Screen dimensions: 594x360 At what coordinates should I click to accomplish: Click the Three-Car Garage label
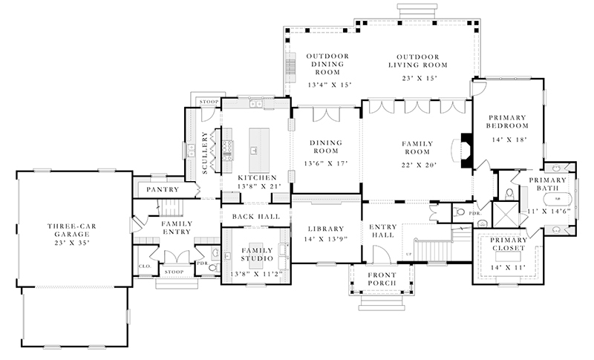[71, 230]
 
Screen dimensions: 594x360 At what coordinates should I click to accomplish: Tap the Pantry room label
[163, 189]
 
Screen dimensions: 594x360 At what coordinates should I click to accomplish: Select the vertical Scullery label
[205, 153]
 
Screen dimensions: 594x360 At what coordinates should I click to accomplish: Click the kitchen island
[259, 150]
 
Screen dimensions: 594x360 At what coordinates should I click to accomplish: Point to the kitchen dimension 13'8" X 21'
[259, 186]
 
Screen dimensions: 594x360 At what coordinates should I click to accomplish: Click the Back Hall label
[256, 217]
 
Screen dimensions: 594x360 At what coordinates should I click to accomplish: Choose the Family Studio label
[257, 255]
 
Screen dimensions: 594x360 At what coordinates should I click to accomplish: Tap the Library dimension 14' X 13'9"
[326, 239]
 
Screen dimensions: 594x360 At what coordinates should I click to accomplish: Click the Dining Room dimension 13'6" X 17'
[326, 163]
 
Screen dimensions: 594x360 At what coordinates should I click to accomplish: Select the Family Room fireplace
[466, 150]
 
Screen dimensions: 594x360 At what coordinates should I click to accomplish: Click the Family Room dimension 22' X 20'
[420, 165]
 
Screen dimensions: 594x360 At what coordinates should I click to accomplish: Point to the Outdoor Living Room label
[418, 61]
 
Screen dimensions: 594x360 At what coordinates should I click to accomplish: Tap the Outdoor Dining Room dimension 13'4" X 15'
[330, 85]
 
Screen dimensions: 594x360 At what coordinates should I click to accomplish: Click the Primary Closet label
[509, 244]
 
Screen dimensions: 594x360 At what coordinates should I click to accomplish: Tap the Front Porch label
[382, 279]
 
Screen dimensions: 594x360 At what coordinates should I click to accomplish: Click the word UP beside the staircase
[408, 254]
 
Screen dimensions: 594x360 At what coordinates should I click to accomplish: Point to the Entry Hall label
[382, 231]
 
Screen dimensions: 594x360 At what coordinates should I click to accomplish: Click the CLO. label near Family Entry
[145, 266]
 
